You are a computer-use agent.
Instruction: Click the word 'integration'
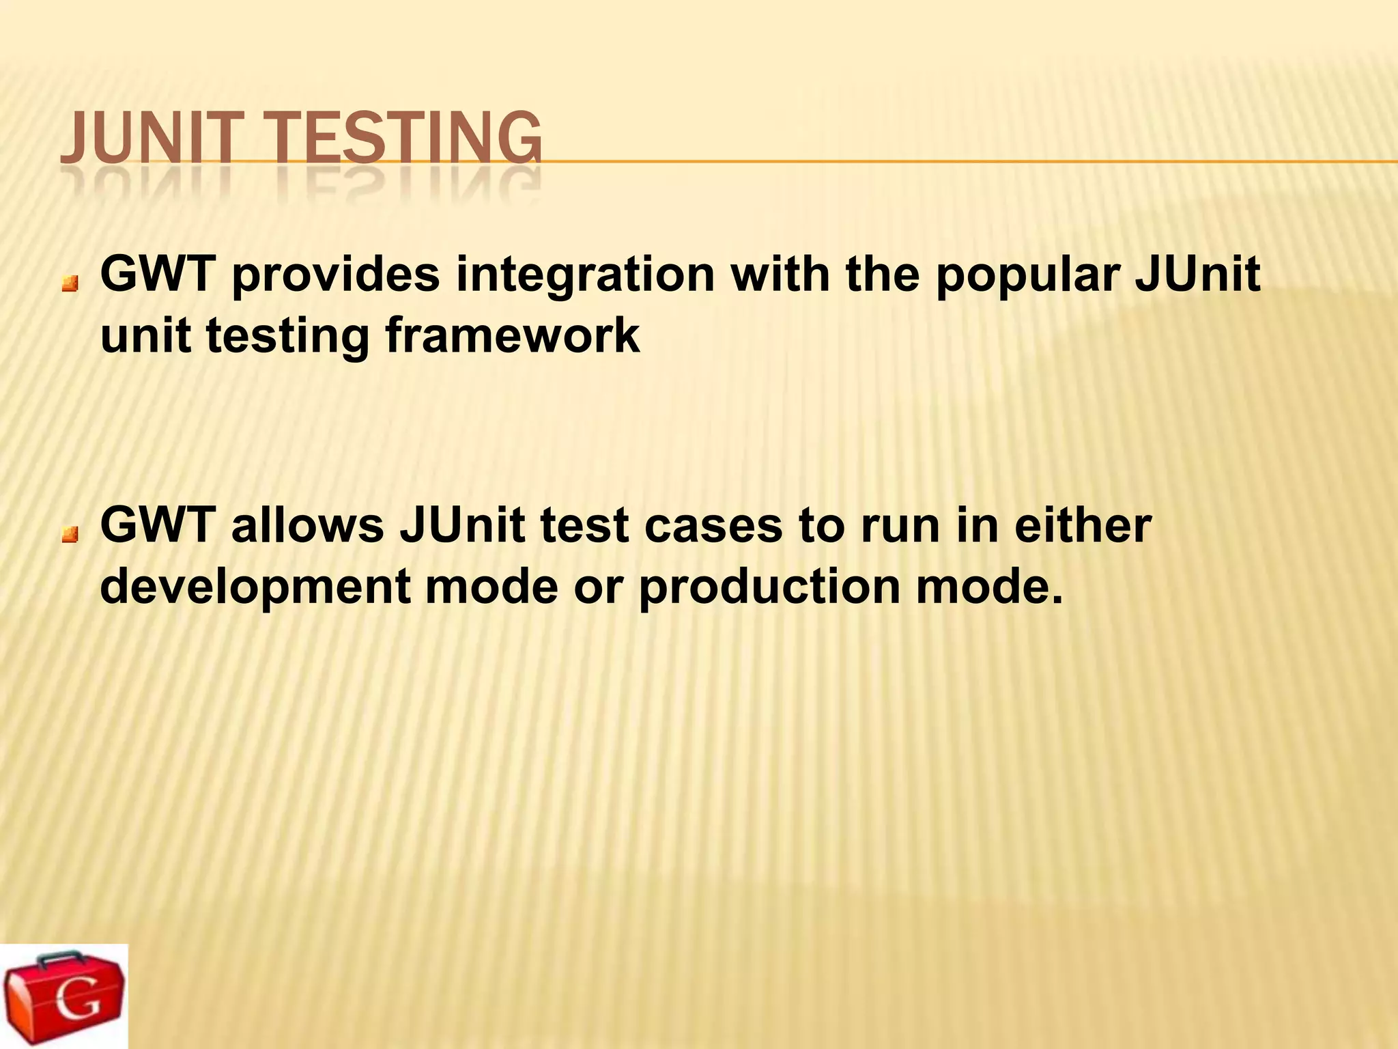(585, 275)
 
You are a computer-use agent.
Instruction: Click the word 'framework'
(513, 337)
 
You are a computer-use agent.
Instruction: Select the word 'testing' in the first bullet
(287, 337)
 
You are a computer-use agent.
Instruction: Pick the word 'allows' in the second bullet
(307, 526)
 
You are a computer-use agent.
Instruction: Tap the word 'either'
(1083, 526)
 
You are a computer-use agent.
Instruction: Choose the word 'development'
(255, 587)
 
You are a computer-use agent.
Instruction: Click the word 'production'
(769, 587)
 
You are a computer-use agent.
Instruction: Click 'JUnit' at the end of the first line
(1198, 275)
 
